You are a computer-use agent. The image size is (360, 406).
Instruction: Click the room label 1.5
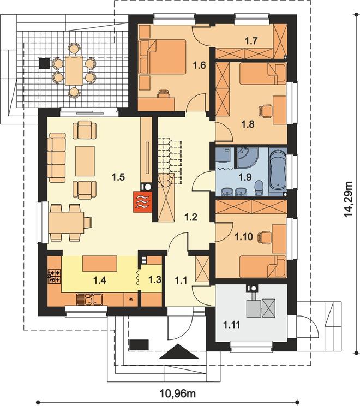[118, 177]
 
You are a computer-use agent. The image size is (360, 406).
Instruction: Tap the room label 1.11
[232, 324]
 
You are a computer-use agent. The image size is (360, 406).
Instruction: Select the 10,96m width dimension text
[177, 394]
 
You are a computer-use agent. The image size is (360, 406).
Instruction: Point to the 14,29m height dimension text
[348, 199]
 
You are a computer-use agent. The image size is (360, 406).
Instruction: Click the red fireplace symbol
[142, 202]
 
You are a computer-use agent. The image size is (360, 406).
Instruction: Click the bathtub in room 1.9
[278, 171]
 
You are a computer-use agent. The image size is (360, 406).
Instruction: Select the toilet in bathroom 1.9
[259, 188]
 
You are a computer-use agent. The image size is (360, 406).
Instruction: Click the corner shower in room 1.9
[248, 157]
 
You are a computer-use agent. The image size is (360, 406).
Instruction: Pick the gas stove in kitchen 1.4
[55, 276]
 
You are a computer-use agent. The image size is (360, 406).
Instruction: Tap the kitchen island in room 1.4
[100, 264]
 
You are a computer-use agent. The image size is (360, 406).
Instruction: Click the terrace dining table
[74, 71]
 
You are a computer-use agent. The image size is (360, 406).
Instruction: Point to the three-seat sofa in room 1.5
[57, 157]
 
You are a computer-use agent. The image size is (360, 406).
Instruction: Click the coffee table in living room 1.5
[85, 161]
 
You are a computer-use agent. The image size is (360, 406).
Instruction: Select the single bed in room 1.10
[263, 266]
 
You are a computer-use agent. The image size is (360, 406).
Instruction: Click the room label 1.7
[251, 41]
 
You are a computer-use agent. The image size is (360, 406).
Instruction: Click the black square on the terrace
[44, 64]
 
